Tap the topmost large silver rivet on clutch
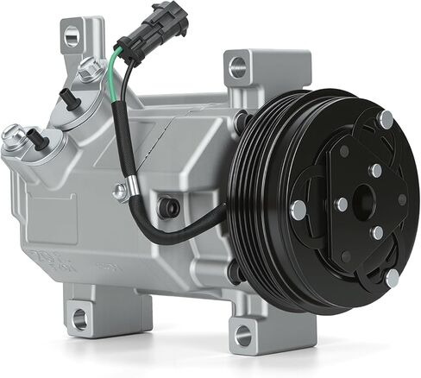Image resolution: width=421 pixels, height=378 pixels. tap(385, 120)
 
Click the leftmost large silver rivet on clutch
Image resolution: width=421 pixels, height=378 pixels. tap(298, 208)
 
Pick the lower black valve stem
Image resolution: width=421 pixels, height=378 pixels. tap(35, 139)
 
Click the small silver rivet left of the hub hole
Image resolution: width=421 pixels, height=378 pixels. tap(342, 205)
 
